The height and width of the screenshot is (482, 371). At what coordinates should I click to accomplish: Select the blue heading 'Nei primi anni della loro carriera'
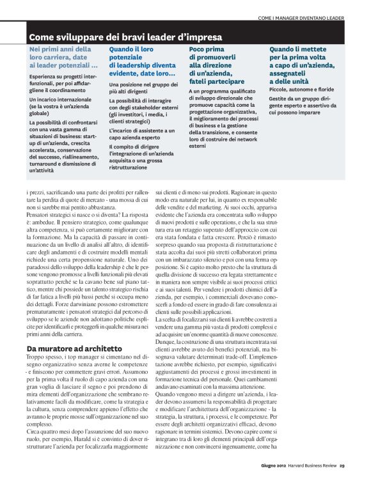point(63,56)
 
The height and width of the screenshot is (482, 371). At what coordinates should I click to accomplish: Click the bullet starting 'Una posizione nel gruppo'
point(142,87)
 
